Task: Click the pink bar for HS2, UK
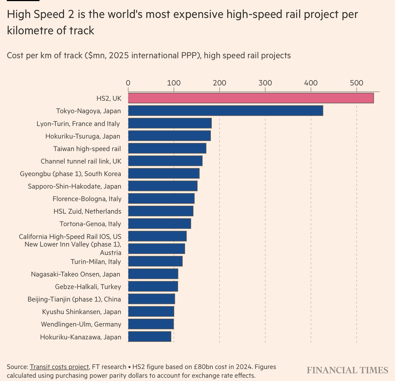pos(251,98)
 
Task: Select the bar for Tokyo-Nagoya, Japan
pos(226,110)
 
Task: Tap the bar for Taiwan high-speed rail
pos(167,148)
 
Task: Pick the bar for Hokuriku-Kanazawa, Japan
pos(150,337)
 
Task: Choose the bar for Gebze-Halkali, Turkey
pos(153,286)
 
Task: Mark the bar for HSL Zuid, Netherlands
pos(160,211)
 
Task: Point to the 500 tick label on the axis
pos(357,83)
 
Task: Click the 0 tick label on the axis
pos(128,83)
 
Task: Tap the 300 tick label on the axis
pos(265,83)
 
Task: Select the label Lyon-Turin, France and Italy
pos(78,124)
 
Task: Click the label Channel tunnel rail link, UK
pos(81,161)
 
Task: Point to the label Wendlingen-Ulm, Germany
pos(81,324)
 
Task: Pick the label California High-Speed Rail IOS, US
pos(70,236)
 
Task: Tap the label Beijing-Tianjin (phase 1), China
pos(74,299)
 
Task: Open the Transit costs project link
pos(59,367)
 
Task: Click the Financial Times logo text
pos(347,370)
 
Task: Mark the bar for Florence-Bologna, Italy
pos(161,199)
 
